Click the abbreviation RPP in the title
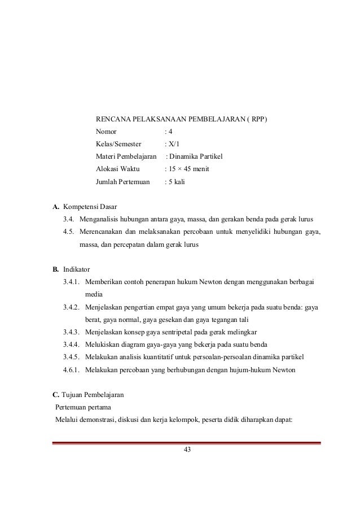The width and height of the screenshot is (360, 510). coord(259,120)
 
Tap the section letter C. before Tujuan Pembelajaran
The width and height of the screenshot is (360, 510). coord(56,395)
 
